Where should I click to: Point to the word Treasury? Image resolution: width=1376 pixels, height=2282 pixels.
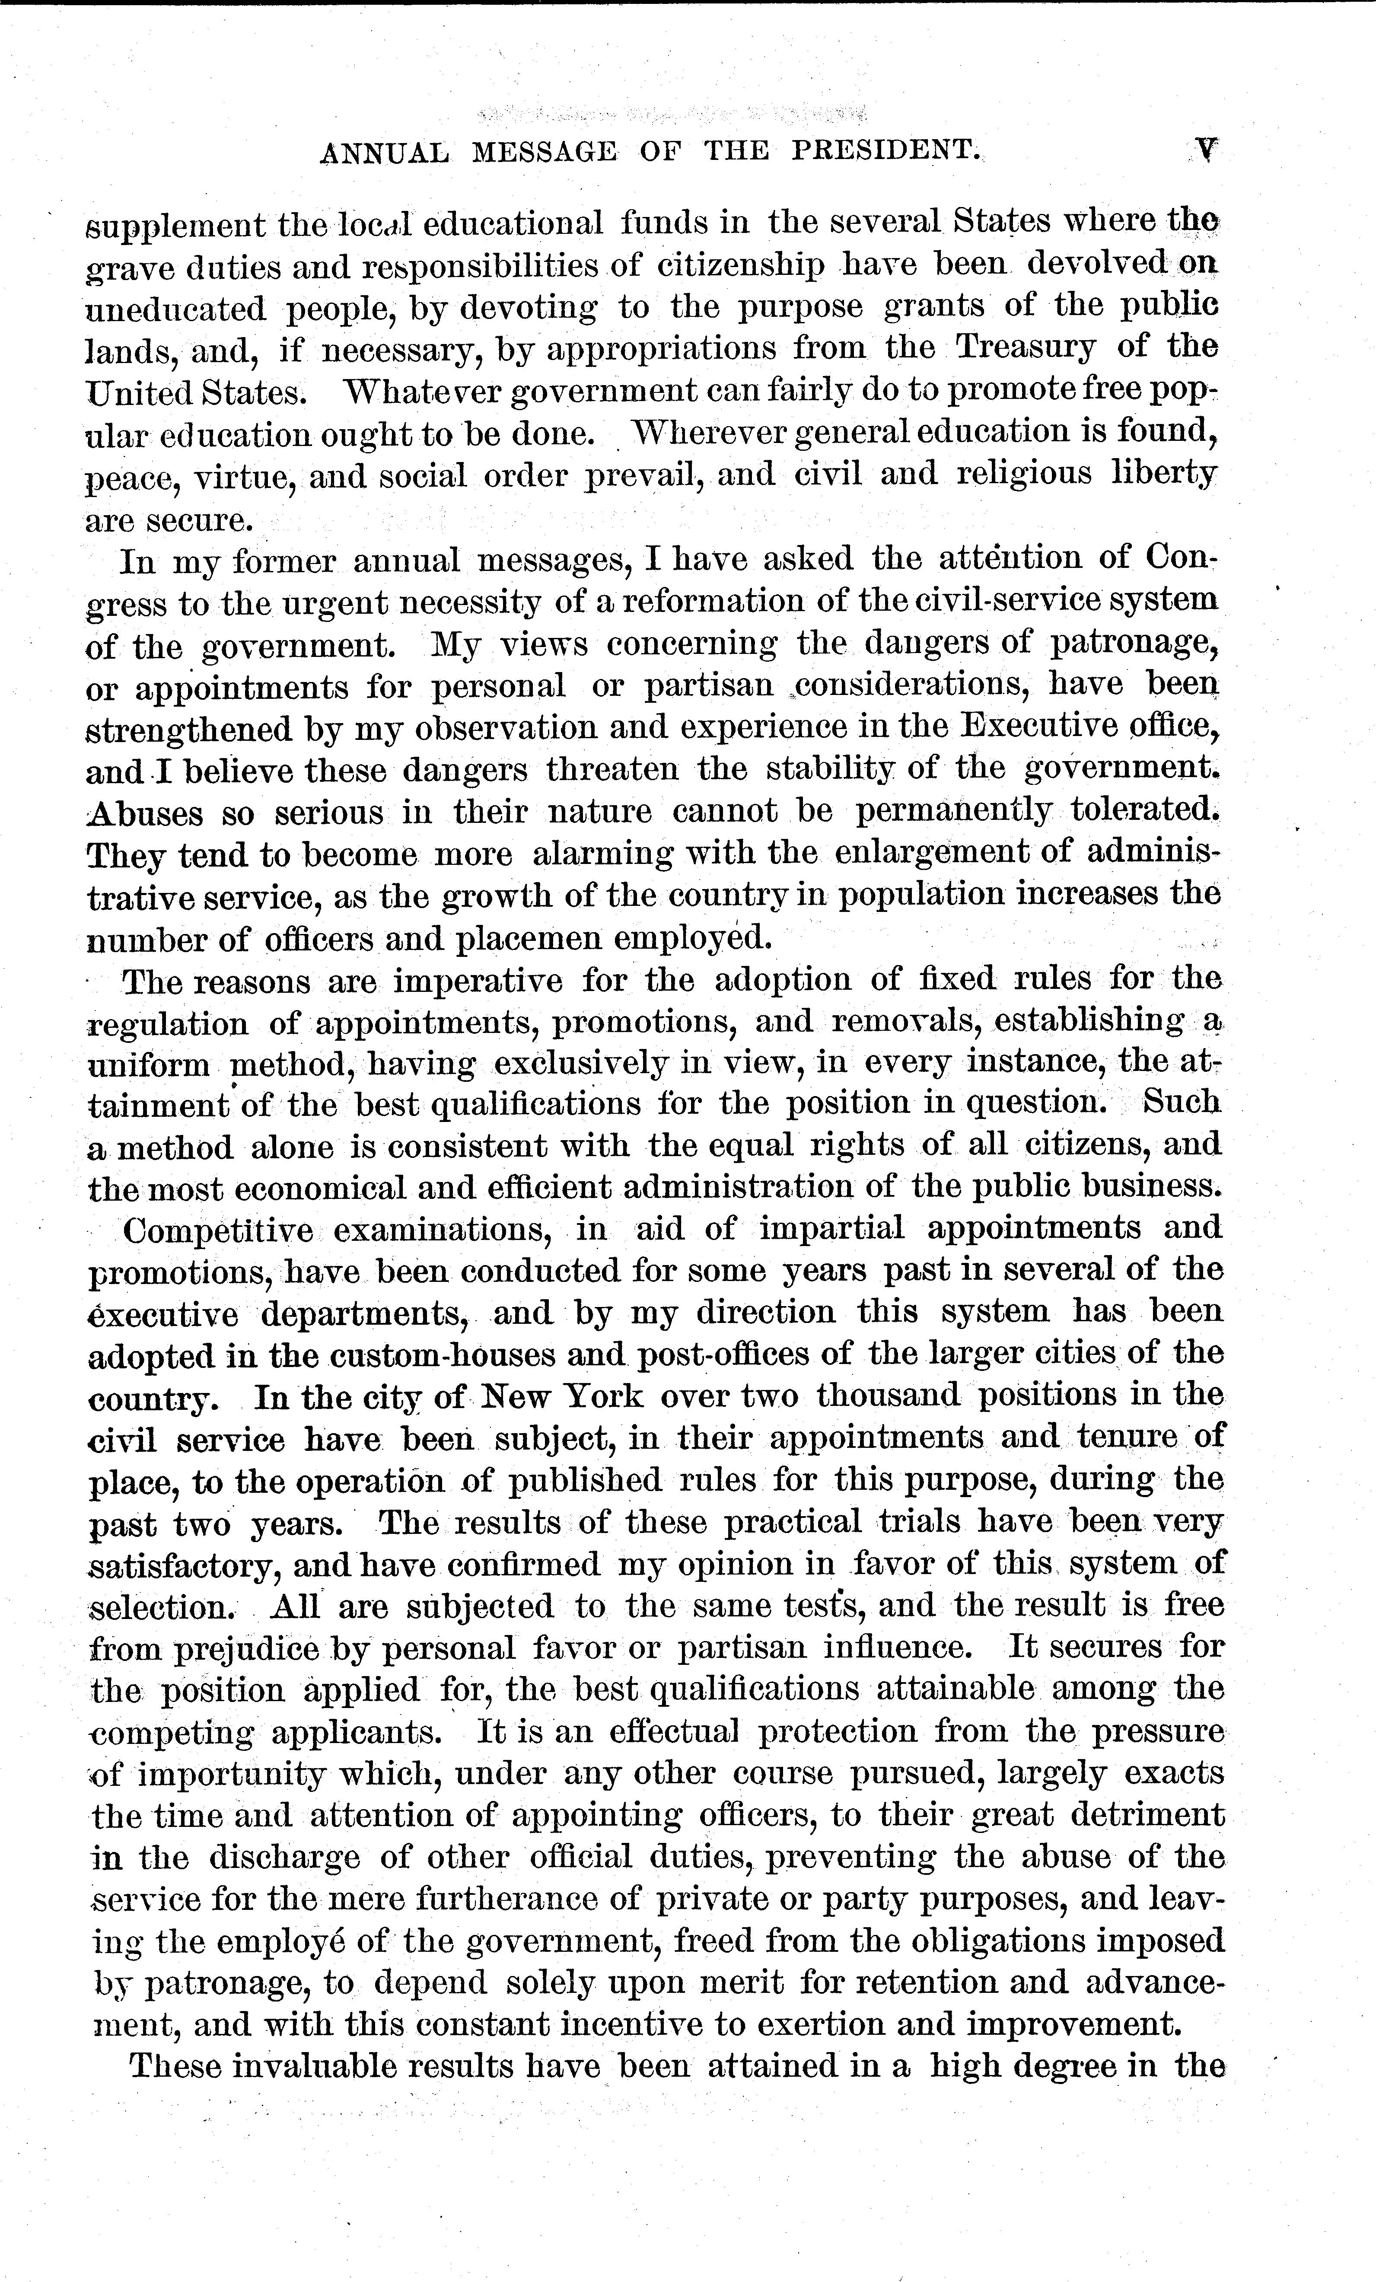pyautogui.click(x=1025, y=347)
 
